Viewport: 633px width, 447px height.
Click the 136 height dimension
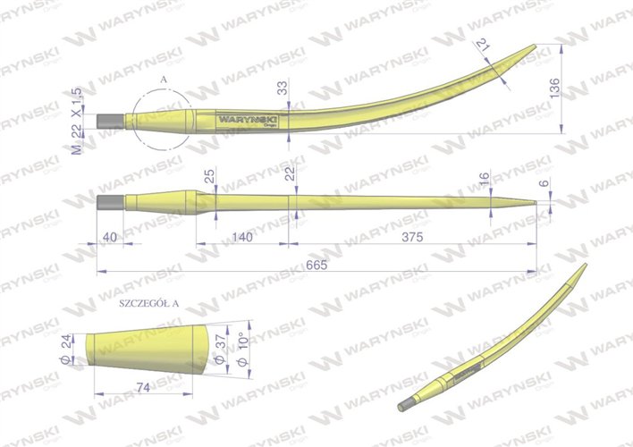[554, 88]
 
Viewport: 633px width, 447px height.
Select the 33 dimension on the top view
[283, 87]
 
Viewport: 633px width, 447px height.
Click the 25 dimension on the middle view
[210, 179]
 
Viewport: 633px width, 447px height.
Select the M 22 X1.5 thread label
[77, 121]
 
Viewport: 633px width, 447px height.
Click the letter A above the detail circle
[163, 80]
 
